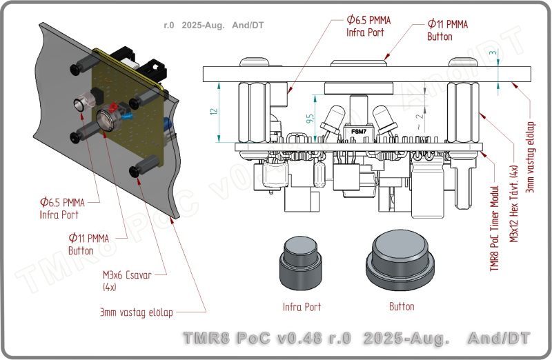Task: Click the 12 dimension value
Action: pyautogui.click(x=214, y=111)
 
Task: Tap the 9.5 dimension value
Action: pyautogui.click(x=310, y=119)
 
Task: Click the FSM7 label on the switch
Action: pyautogui.click(x=359, y=131)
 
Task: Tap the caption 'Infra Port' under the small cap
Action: pyautogui.click(x=302, y=307)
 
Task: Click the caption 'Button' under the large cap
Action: pyautogui.click(x=402, y=306)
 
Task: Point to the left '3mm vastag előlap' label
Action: pyautogui.click(x=135, y=312)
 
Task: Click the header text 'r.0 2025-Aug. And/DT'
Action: pyautogui.click(x=214, y=26)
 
